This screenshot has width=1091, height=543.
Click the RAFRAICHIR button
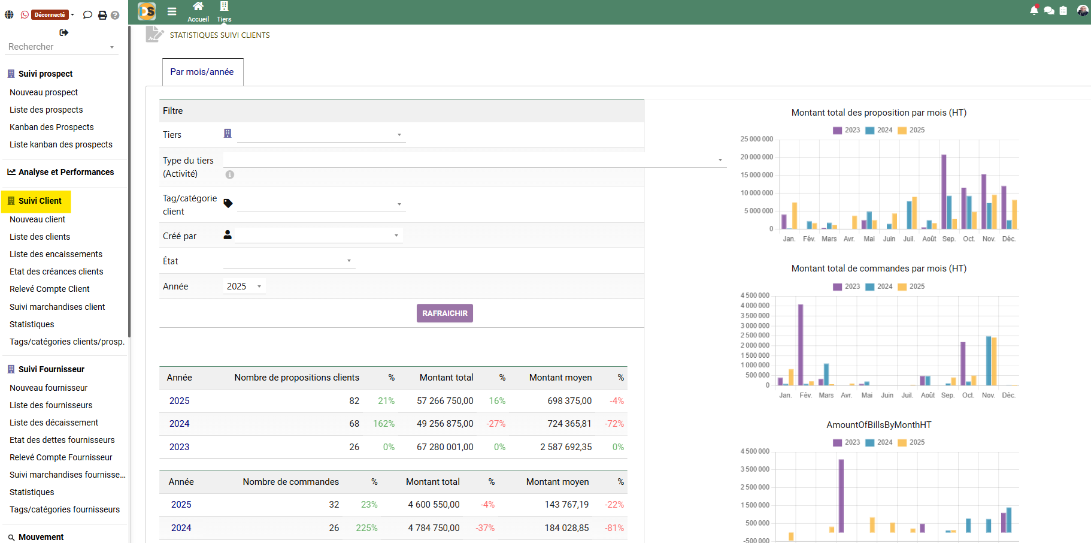[444, 313]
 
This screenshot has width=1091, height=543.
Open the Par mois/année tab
[202, 72]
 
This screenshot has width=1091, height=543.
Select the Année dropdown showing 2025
[244, 286]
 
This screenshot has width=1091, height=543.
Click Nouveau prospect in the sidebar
[44, 92]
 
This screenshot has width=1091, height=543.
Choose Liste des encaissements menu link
[56, 254]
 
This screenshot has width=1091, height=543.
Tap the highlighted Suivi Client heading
[40, 201]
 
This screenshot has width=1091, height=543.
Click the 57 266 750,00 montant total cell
[445, 401]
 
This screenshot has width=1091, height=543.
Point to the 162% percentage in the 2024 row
[383, 424]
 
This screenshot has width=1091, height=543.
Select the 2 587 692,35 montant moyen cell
[565, 447]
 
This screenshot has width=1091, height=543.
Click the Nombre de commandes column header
[290, 482]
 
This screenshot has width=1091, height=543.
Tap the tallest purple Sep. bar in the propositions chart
[944, 192]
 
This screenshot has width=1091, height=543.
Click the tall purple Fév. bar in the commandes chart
[801, 345]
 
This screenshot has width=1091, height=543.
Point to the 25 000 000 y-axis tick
[756, 139]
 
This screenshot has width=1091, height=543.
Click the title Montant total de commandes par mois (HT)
[878, 269]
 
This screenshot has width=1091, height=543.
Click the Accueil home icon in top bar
[198, 7]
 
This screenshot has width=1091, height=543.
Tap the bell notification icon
[1034, 10]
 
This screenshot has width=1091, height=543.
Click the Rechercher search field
[57, 47]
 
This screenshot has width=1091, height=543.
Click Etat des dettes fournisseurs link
[62, 440]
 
